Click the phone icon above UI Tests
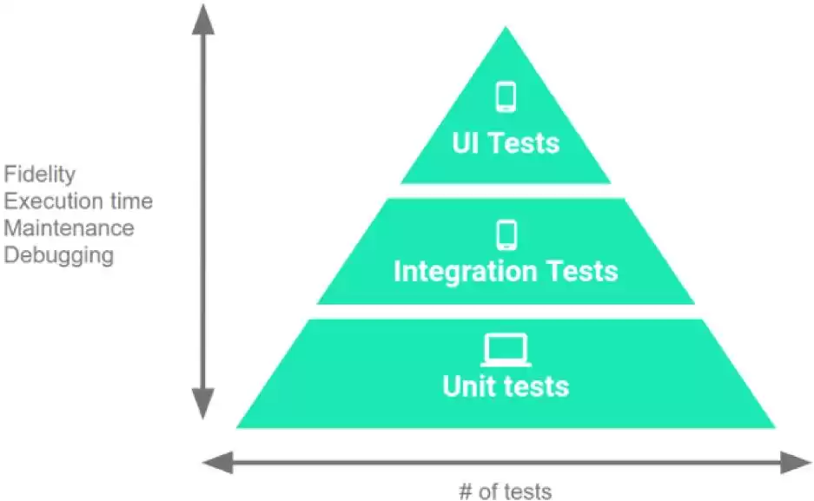point(506,96)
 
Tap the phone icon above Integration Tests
point(506,234)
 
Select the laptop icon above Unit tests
point(506,350)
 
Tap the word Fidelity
point(39,174)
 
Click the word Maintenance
point(69,228)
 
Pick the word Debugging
point(59,255)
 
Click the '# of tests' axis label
point(505,491)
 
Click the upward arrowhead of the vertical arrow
point(203,17)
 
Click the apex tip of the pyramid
point(506,29)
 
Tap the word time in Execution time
point(134,201)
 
